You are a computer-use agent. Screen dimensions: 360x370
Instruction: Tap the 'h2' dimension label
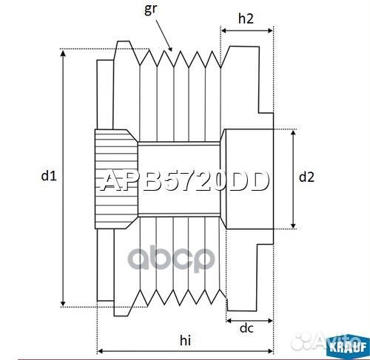[246, 19]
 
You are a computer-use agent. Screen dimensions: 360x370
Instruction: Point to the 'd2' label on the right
[306, 177]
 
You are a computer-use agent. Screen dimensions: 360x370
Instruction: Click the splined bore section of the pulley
[115, 177]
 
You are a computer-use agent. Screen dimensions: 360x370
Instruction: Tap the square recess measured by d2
[248, 177]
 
